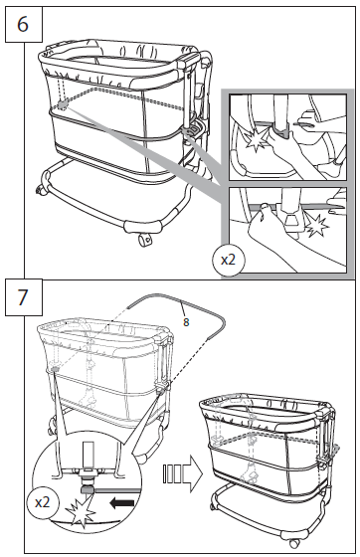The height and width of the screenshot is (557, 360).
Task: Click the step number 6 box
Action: coord(22,22)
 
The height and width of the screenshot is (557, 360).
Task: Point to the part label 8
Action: coord(185,320)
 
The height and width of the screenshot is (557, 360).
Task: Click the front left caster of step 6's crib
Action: coord(42,189)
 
